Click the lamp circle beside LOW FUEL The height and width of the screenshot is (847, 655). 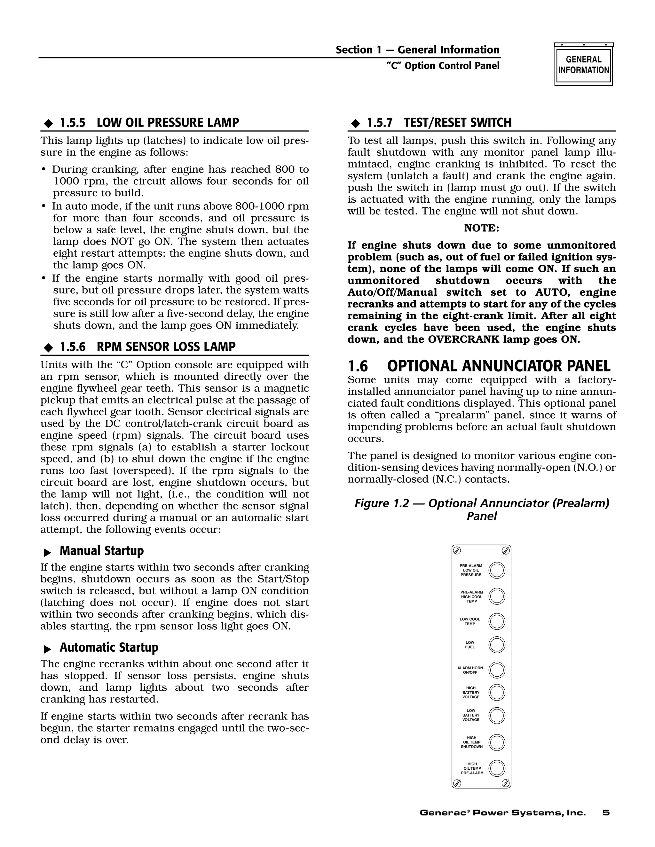(497, 645)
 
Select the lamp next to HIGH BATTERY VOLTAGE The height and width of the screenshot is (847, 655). (497, 692)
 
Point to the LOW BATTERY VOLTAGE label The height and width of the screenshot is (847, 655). (471, 715)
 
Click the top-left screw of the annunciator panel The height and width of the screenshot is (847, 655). (457, 550)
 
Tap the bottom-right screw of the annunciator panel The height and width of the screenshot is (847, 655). (506, 783)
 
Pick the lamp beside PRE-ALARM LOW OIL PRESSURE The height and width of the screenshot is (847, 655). (497, 571)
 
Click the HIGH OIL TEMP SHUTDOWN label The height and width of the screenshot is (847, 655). (471, 742)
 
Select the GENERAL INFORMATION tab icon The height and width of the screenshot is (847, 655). (584, 64)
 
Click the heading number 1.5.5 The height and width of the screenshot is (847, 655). (73, 123)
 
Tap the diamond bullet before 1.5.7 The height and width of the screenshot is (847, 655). (355, 124)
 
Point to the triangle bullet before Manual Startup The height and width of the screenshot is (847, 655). (47, 552)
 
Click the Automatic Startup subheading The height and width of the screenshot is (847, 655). (109, 648)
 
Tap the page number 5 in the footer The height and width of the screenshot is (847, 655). (606, 813)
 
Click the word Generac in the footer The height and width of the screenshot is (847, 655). (442, 813)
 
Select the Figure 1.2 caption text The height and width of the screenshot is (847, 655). (482, 509)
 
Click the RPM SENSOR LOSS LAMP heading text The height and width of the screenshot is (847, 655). (166, 347)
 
